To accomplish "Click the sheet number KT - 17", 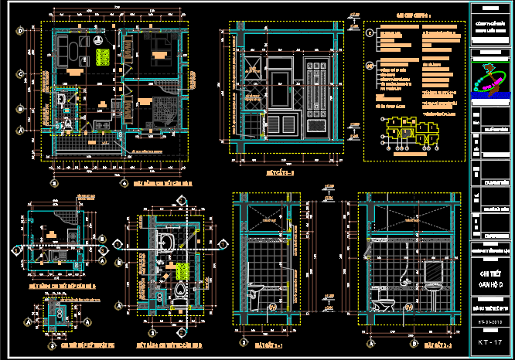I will (x=491, y=341).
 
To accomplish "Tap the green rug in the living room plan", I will (x=101, y=57).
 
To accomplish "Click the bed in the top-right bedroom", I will (x=160, y=55).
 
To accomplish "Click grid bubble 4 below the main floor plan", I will (x=124, y=184).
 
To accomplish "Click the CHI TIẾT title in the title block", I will (x=491, y=272).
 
